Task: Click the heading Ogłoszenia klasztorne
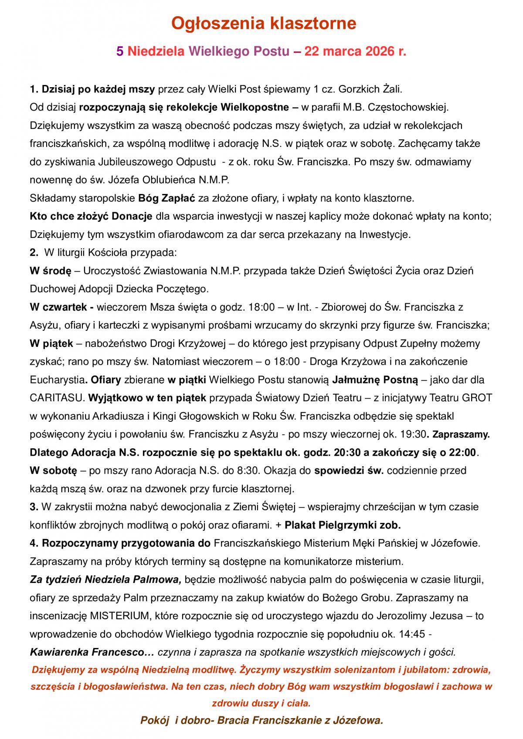pos(263,23)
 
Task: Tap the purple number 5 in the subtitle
pos(120,52)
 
